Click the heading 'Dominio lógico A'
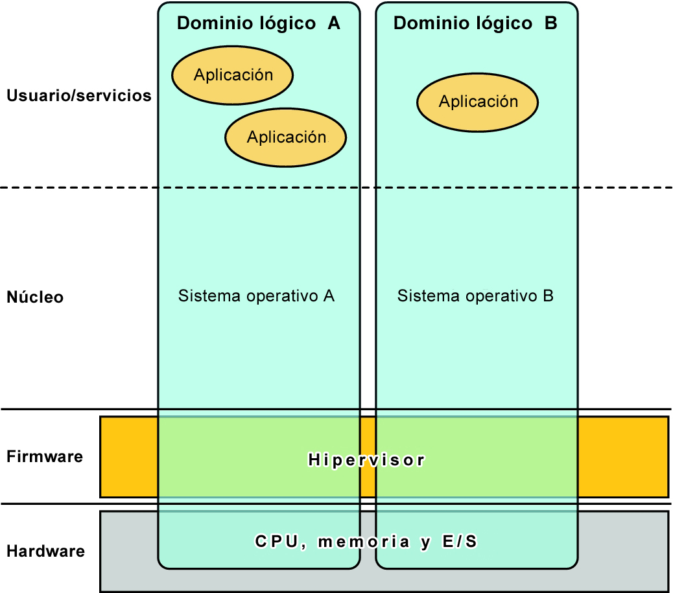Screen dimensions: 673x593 coord(259,23)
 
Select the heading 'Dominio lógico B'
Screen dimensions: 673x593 coord(475,23)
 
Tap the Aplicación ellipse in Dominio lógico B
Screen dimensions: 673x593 coord(477,102)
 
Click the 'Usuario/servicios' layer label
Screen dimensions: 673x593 coord(79,95)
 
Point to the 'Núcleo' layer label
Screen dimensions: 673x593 coord(35,297)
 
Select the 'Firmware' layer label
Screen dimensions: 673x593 coord(45,456)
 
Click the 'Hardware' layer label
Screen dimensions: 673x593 coord(45,551)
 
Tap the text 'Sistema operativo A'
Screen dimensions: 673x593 coord(256,296)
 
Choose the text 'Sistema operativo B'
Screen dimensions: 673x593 coord(475,296)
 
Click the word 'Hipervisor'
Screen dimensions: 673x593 coord(366,460)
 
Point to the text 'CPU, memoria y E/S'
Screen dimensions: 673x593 coord(366,542)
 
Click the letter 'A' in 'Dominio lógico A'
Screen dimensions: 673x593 coord(334,23)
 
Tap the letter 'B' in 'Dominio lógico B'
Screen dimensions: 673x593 coord(551,23)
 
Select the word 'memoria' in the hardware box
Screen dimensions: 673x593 coord(364,542)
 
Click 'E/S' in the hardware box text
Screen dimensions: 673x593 coord(460,542)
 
